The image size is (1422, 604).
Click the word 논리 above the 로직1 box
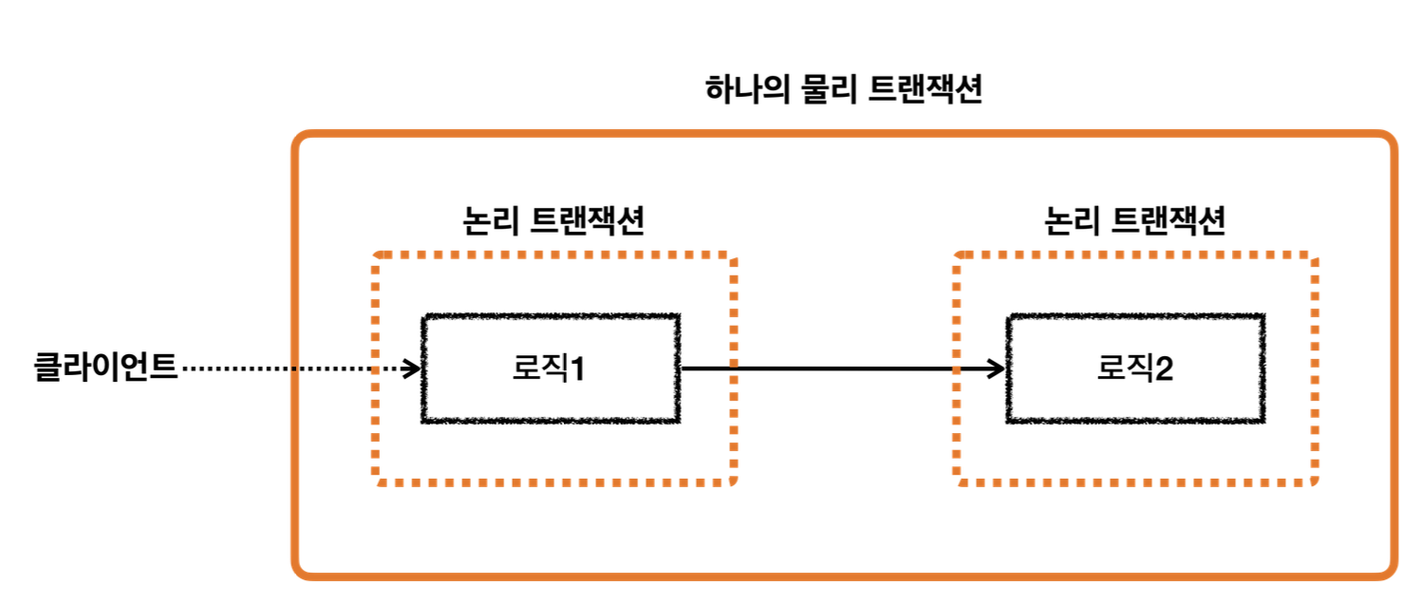point(488,221)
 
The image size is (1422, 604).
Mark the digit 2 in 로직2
point(1162,368)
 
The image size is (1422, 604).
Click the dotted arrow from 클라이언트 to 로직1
point(285,368)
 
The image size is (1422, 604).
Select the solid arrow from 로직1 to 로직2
point(835,368)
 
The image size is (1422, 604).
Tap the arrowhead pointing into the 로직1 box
point(413,368)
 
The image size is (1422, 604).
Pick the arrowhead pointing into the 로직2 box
point(997,368)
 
